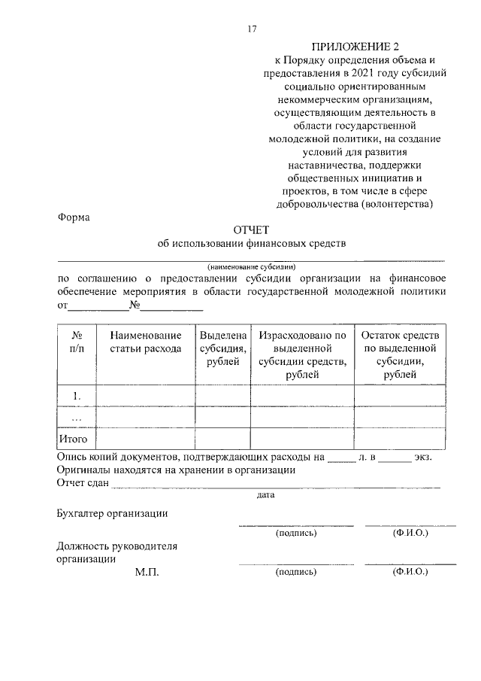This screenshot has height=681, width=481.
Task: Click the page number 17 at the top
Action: [x=253, y=29]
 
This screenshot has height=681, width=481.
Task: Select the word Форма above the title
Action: [x=73, y=217]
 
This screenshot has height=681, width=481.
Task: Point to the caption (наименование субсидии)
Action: [x=252, y=266]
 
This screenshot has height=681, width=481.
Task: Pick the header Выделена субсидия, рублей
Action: [x=223, y=348]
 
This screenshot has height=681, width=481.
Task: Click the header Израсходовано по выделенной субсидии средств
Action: [x=302, y=348]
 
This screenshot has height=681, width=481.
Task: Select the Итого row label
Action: [x=74, y=438]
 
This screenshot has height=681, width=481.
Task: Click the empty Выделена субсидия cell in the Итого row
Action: [x=223, y=438]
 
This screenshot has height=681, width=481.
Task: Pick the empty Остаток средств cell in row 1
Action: [x=405, y=395]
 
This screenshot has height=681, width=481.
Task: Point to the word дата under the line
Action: [x=265, y=495]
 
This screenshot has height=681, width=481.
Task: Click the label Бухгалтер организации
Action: [x=112, y=513]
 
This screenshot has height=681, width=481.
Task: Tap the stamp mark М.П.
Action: [x=147, y=572]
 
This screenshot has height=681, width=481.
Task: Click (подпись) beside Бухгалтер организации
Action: [x=296, y=533]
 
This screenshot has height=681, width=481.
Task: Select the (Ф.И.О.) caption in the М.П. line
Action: [x=410, y=572]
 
